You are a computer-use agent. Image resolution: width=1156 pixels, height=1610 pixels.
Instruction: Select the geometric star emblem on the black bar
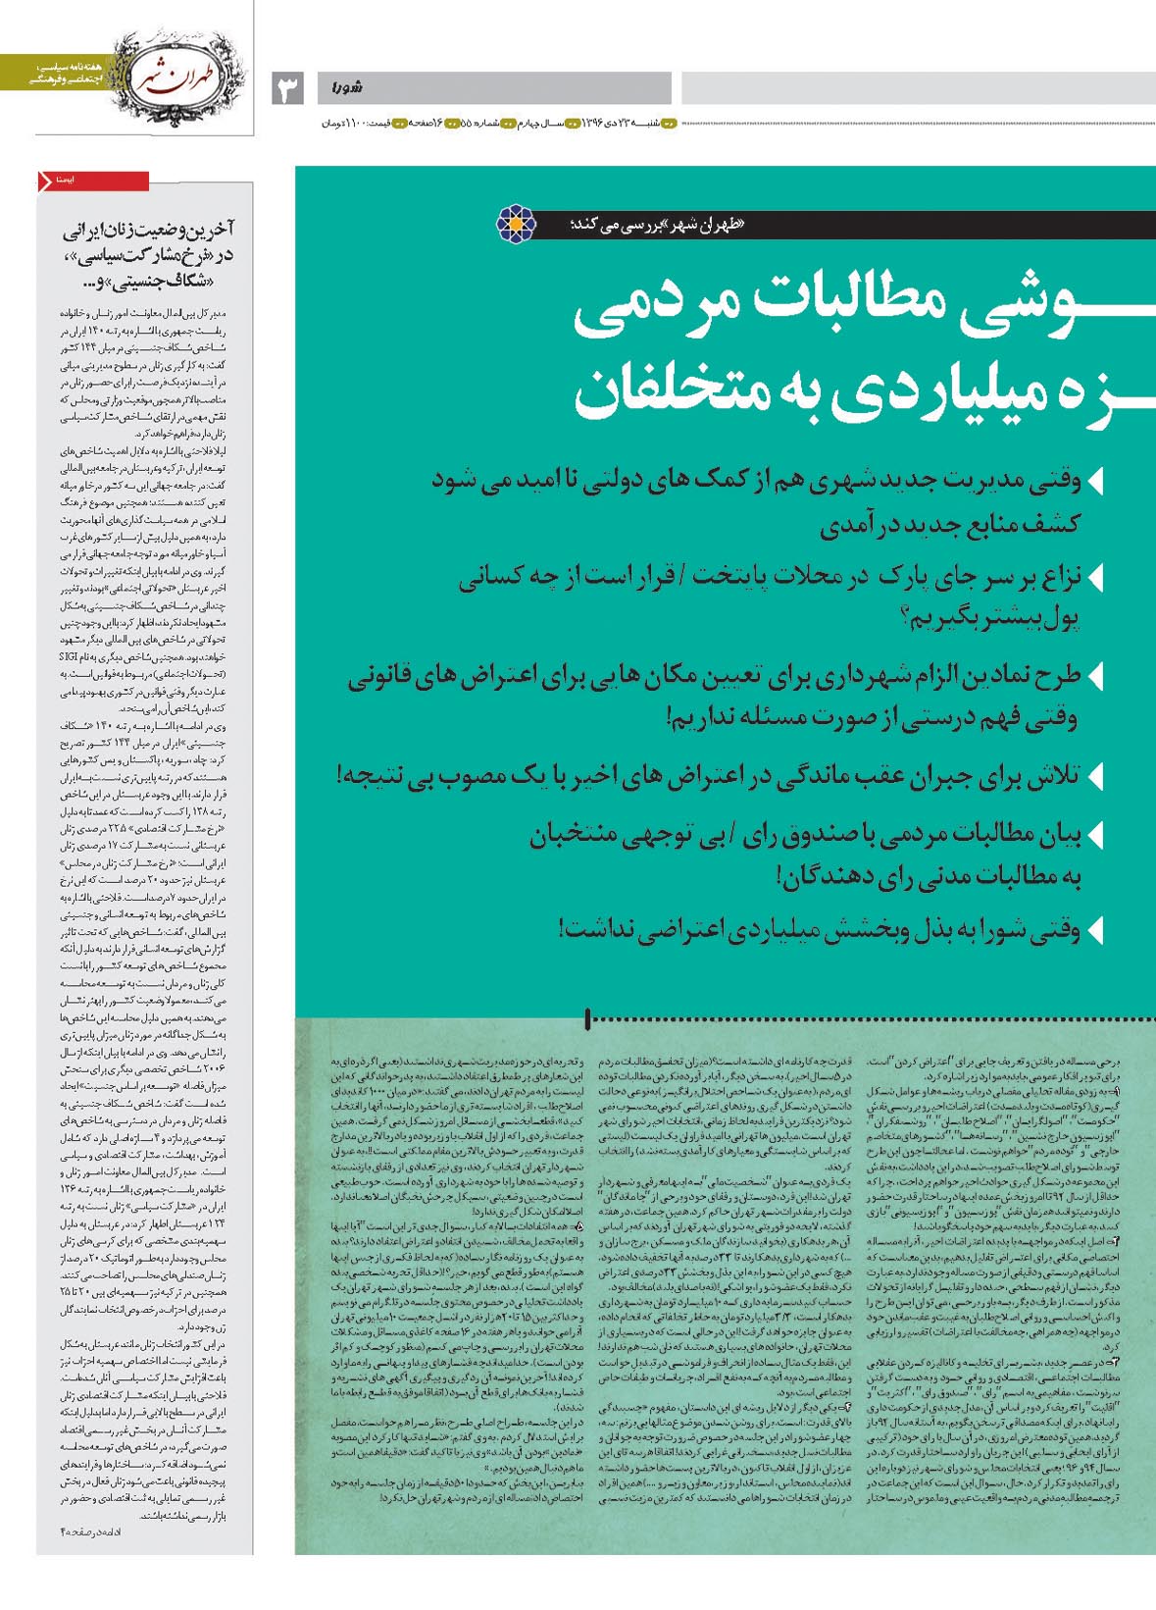click(516, 224)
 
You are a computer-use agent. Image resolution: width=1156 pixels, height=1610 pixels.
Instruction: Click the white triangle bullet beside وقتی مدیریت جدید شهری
click(1096, 482)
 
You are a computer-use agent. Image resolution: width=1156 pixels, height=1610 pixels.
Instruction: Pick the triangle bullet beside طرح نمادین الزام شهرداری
click(1096, 675)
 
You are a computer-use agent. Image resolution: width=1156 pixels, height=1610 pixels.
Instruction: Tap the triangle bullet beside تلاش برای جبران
click(1096, 775)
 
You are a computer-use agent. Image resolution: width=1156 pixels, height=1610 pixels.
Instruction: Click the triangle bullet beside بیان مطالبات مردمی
click(1096, 835)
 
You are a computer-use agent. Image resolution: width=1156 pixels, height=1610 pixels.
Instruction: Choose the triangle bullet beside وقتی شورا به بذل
click(1096, 928)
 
